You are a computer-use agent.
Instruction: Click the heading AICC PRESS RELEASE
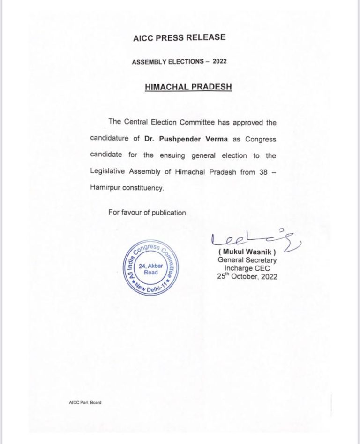(x=180, y=37)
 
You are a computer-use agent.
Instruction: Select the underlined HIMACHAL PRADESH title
(x=180, y=87)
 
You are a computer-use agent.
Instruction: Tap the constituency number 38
(x=263, y=171)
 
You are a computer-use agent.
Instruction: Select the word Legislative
(x=109, y=171)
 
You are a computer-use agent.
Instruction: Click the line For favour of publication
(x=148, y=212)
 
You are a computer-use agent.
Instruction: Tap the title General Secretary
(x=247, y=260)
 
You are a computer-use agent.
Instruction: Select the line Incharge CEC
(x=247, y=268)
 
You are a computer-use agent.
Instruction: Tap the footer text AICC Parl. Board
(x=85, y=402)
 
